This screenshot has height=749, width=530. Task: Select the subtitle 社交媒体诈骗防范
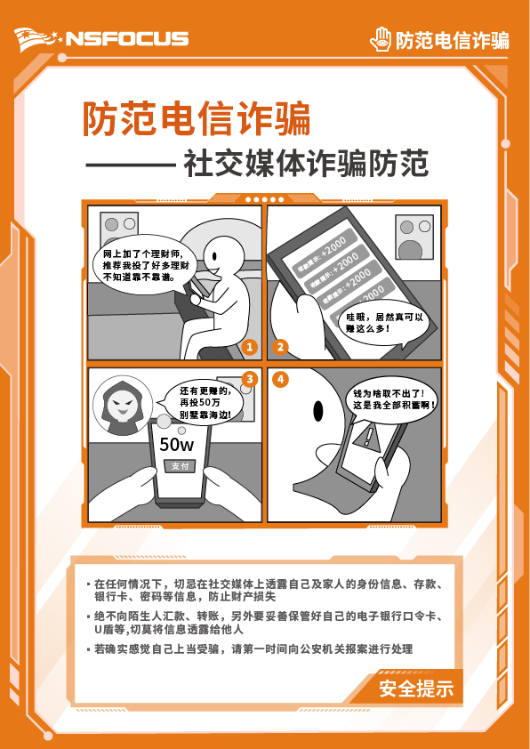(306, 164)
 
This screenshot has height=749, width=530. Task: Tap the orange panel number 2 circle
(281, 346)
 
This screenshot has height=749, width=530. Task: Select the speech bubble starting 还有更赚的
(205, 402)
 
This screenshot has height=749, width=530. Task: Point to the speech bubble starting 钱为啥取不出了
(394, 398)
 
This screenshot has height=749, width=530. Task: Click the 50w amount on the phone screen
(176, 444)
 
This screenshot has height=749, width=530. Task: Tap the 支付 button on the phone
(180, 466)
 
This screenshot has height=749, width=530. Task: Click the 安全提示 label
(415, 688)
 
